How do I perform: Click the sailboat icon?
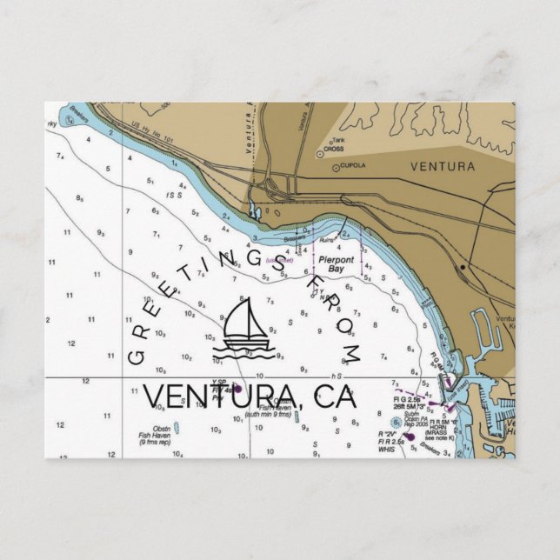247,330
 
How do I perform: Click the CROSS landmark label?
333,149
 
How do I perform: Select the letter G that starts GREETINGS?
137,357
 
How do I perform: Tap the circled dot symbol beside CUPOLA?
336,167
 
